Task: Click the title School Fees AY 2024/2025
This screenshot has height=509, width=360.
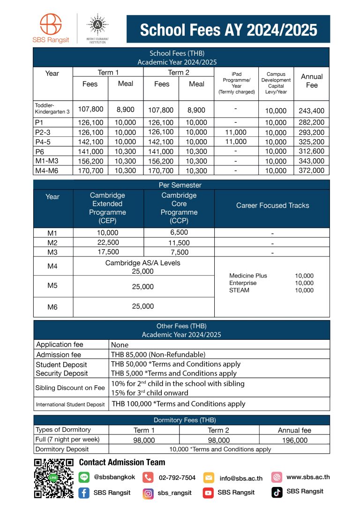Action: (x=228, y=30)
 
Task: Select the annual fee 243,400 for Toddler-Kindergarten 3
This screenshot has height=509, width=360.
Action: (x=311, y=111)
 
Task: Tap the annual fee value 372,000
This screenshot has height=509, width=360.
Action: (x=311, y=171)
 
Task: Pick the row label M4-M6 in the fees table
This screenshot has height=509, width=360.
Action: (x=45, y=171)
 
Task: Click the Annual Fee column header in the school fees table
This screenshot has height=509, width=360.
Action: (x=311, y=81)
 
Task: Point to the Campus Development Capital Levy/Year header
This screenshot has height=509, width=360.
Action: (x=276, y=83)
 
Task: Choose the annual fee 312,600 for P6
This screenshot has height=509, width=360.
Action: (x=311, y=151)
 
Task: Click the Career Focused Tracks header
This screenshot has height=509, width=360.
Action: (x=272, y=205)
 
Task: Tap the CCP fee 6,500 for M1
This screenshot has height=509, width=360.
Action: (x=179, y=232)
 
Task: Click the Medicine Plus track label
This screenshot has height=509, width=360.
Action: (x=248, y=276)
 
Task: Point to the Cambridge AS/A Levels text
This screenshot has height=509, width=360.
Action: (x=142, y=263)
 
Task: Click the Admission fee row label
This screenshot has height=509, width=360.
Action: (x=59, y=355)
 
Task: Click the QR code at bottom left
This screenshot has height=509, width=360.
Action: (x=54, y=479)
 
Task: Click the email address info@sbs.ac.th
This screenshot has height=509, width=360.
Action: (x=241, y=479)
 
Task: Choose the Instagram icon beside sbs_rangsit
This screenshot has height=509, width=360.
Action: (x=148, y=493)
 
